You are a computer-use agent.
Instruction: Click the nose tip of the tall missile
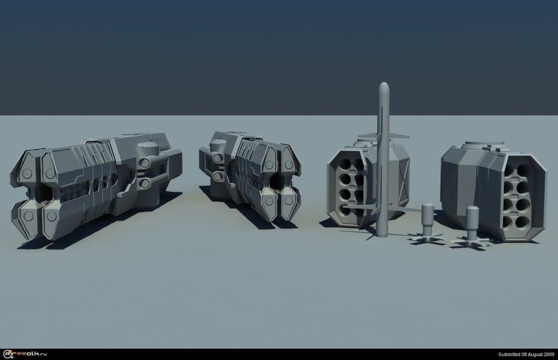click(x=384, y=83)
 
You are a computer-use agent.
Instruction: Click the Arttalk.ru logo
click(x=25, y=354)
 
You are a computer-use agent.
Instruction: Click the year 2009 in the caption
click(x=549, y=354)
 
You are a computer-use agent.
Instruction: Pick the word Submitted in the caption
click(x=509, y=354)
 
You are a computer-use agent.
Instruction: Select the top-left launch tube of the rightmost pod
click(x=508, y=170)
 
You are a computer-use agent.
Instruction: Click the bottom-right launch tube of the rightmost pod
click(x=522, y=222)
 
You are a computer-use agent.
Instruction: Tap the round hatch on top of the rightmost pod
click(x=483, y=145)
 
